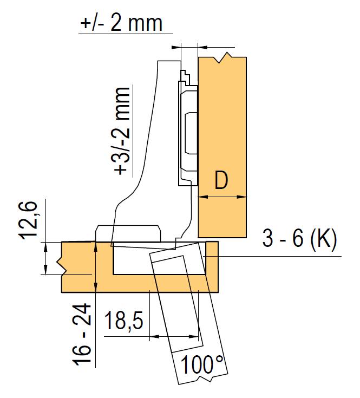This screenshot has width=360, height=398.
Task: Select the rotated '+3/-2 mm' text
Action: (122, 131)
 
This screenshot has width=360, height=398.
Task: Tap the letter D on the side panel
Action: (221, 180)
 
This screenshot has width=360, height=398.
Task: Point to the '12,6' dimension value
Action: (29, 220)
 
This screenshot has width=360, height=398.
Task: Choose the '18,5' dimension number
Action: (124, 321)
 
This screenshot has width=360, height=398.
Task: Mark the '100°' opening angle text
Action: (202, 364)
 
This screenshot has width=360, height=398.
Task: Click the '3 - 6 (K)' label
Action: (299, 238)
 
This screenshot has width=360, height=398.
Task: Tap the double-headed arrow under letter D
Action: (222, 197)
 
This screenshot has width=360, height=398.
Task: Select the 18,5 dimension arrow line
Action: (174, 337)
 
